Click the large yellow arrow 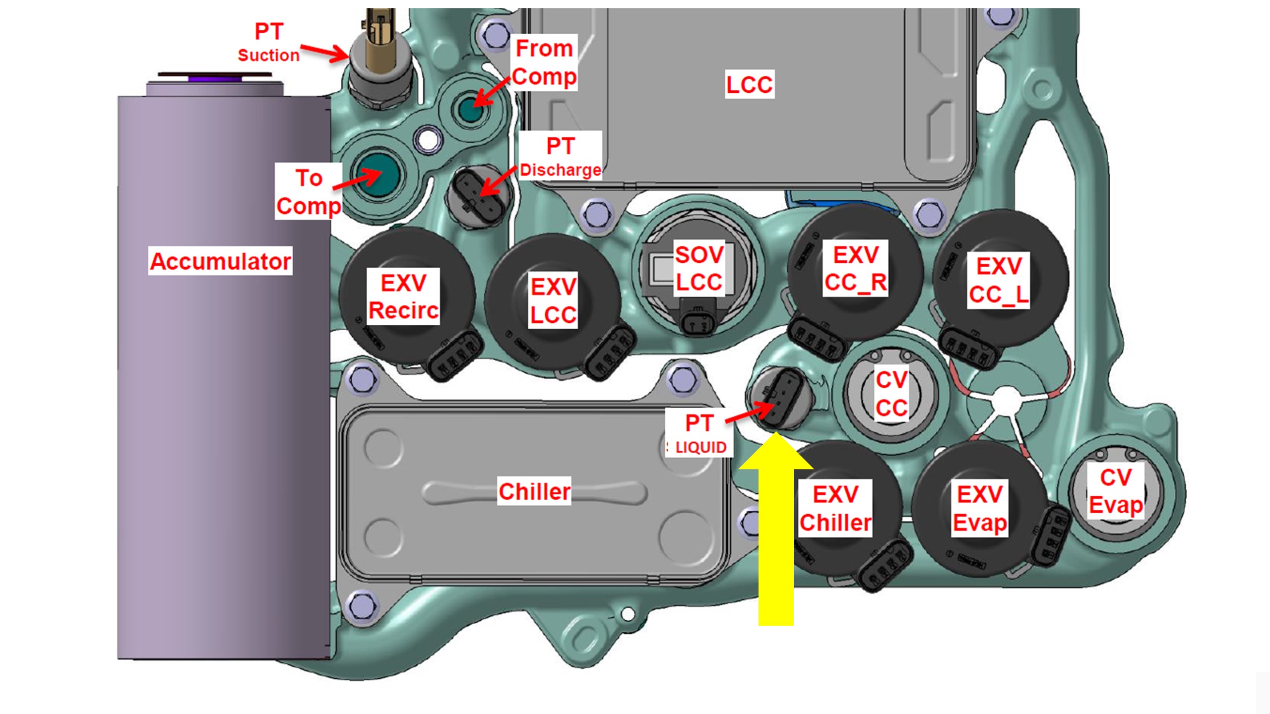tap(776, 535)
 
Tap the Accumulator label tap(220, 261)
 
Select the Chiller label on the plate tap(534, 491)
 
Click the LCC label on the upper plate tap(749, 84)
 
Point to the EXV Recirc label tap(403, 297)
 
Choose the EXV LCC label tap(553, 300)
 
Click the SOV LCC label tap(699, 268)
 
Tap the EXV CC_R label tap(855, 268)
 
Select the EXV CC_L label tap(999, 280)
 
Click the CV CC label tap(891, 394)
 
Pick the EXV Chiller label tap(835, 508)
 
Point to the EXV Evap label tap(980, 508)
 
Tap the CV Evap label tap(1116, 491)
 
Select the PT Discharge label tap(561, 156)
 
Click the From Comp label tap(544, 62)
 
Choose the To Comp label tap(309, 191)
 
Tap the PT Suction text tap(268, 42)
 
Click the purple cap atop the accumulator tap(214, 78)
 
